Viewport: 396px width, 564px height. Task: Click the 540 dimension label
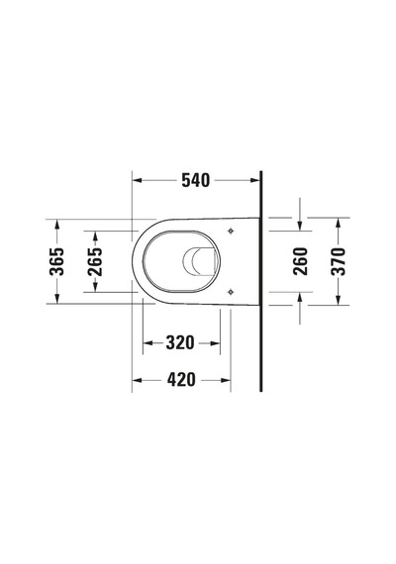pos(195,180)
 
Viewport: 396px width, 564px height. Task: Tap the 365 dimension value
pos(56,261)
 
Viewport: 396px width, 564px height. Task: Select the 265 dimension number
pos(95,261)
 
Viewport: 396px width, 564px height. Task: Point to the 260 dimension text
pos(300,261)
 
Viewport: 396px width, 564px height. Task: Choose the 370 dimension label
pos(338,261)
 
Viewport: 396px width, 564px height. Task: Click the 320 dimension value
pos(180,342)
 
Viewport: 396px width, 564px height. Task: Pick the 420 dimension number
pos(181,380)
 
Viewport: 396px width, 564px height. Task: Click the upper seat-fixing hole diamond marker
pos(231,232)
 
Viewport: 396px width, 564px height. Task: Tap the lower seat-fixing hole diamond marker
pos(231,292)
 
